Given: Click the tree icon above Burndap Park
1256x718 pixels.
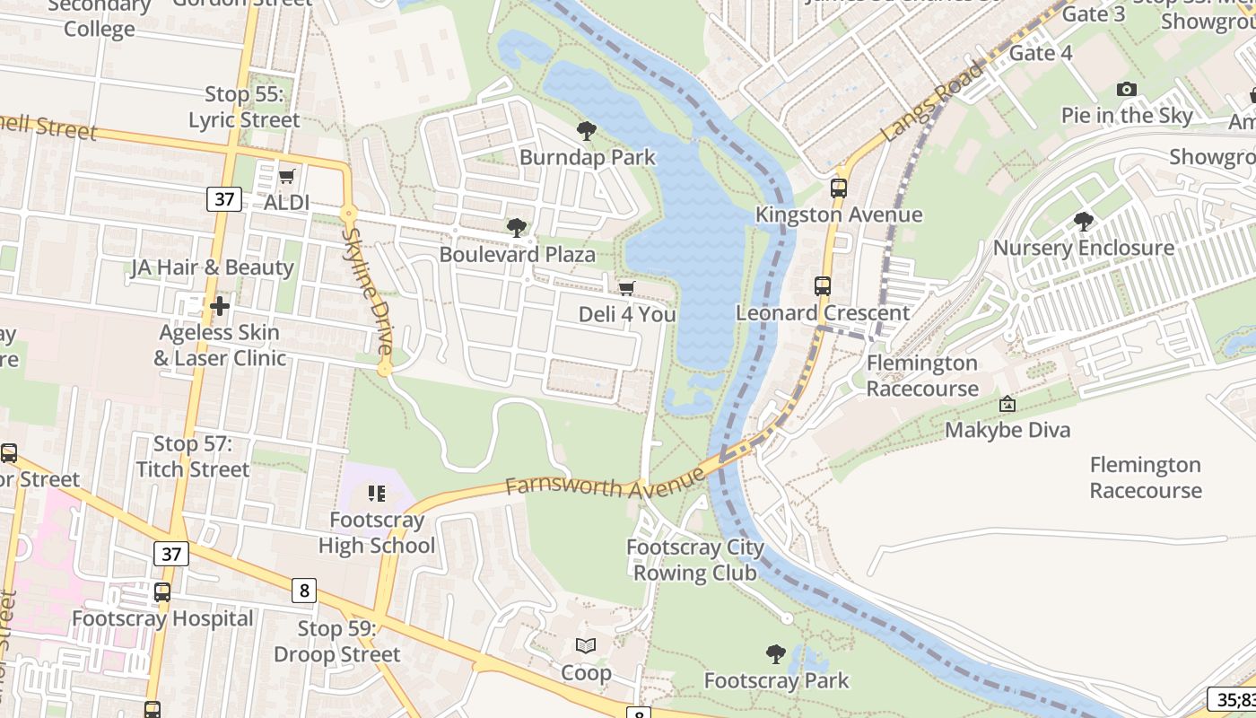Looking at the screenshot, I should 587,131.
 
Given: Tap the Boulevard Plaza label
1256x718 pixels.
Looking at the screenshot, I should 517,255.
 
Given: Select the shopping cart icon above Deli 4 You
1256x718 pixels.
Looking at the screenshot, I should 627,288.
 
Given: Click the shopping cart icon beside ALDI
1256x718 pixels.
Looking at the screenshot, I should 287,176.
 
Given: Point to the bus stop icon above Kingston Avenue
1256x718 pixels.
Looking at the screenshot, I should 839,188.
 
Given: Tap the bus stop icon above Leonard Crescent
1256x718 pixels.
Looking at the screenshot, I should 823,286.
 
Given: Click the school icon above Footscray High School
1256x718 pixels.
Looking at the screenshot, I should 377,494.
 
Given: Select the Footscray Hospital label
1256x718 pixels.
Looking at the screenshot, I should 162,619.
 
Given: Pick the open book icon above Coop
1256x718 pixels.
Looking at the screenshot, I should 586,646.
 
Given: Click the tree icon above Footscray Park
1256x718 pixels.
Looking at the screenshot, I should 776,654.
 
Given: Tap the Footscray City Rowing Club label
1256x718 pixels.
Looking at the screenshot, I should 695,560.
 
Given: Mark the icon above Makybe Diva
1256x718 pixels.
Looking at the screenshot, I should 1007,405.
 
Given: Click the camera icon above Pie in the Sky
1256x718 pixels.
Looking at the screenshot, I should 1127,89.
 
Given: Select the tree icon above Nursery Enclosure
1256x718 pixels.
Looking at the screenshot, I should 1084,221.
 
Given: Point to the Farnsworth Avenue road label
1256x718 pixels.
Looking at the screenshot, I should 606,484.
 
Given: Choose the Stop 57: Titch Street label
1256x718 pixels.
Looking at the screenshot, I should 192,457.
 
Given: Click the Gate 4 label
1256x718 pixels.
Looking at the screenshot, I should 1041,53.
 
